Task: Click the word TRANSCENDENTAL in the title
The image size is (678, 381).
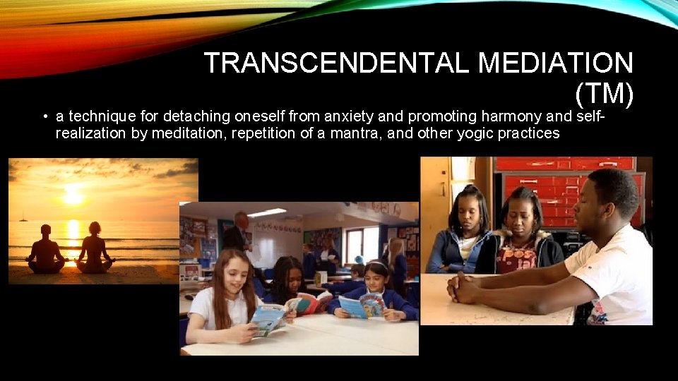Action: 337,62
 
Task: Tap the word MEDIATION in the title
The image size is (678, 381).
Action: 556,62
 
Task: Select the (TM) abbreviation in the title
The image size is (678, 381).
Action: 605,93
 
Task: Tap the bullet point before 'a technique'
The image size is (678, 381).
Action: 45,116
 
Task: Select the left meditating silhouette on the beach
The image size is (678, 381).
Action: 45,250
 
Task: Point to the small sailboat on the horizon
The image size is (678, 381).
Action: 23,217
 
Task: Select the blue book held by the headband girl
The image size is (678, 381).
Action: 362,306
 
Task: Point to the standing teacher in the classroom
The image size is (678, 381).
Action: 238,234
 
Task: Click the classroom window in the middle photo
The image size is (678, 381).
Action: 362,245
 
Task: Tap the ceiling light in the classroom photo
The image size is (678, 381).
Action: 267,212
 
